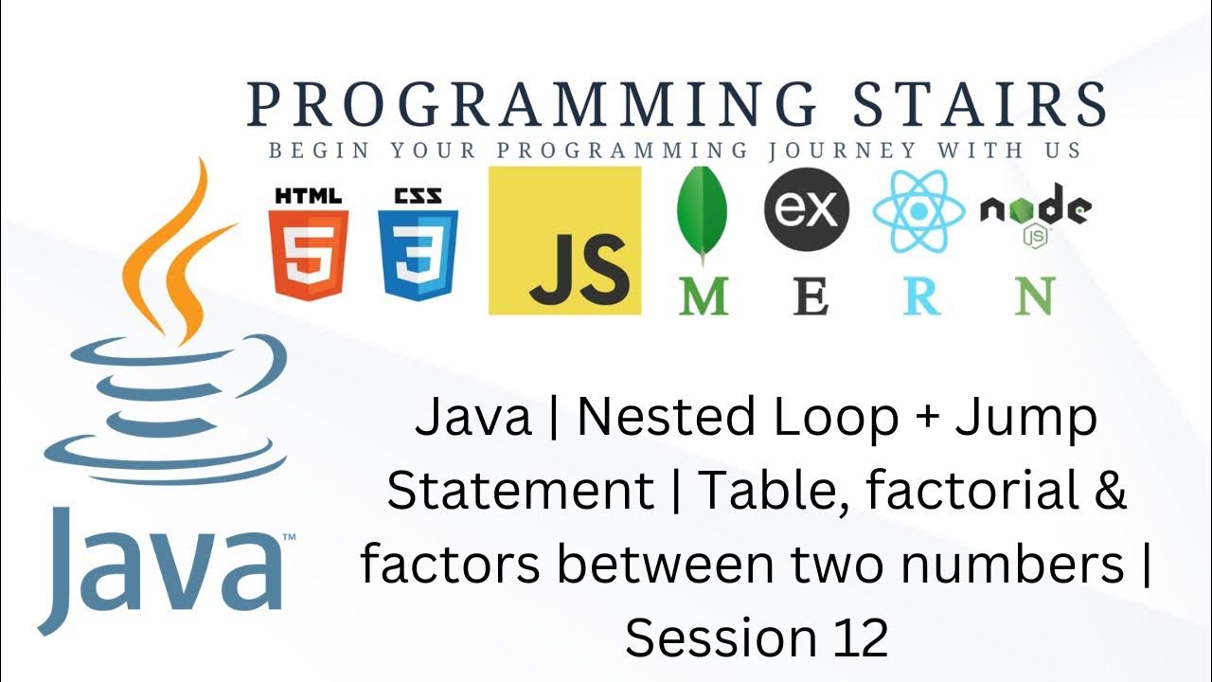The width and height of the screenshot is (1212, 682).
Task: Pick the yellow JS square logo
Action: [x=564, y=241]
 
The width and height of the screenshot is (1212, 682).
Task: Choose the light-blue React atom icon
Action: [x=918, y=210]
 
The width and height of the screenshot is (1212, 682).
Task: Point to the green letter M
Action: [x=703, y=296]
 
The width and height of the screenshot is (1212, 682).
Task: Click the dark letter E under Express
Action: [x=811, y=296]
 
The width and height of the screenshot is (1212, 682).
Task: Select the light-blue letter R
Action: [x=921, y=296]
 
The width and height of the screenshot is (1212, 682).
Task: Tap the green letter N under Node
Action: [x=1034, y=296]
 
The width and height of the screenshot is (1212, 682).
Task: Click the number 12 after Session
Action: [x=861, y=638]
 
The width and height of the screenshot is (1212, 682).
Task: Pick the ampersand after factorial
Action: [x=1109, y=492]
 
